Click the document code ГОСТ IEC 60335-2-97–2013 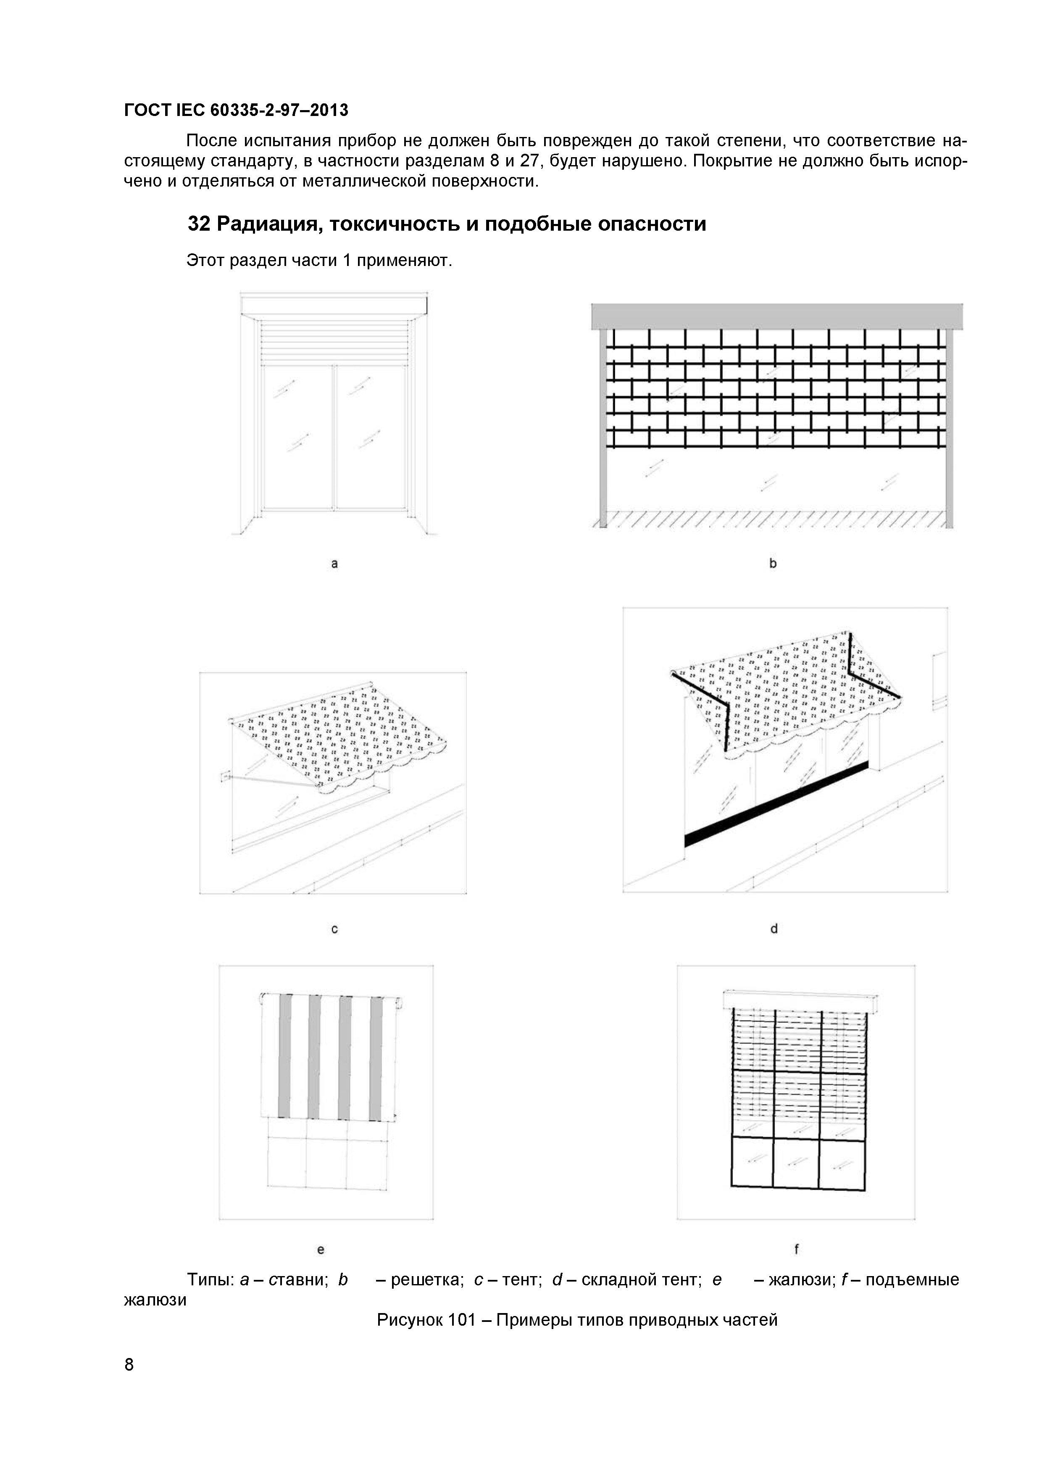(x=236, y=111)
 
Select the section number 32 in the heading (x=199, y=224)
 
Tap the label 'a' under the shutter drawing (x=334, y=563)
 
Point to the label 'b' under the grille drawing (x=773, y=563)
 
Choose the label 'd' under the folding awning (x=774, y=928)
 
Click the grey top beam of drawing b (x=777, y=316)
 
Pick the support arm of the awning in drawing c (x=270, y=780)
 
